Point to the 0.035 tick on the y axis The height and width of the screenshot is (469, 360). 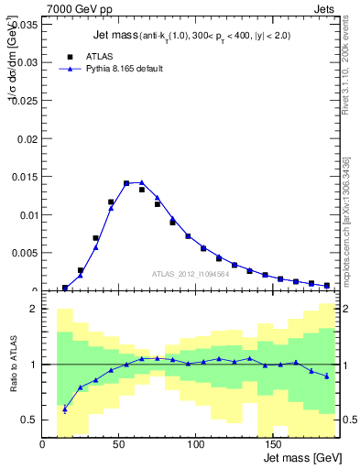26,25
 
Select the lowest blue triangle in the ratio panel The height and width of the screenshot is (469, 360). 65,409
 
